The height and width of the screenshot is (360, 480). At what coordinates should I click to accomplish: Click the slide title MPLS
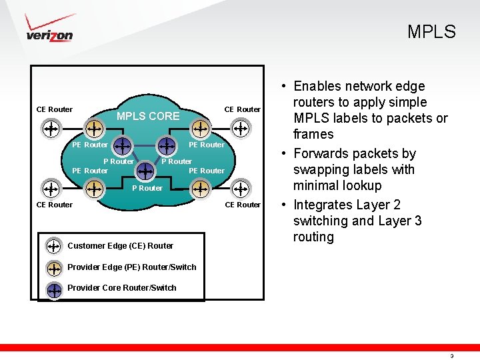tap(431, 32)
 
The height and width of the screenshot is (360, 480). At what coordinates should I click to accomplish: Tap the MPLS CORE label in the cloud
tap(148, 116)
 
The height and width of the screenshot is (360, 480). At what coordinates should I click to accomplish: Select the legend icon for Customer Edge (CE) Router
tap(54, 246)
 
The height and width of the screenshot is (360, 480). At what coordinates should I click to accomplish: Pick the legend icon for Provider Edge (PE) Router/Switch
tap(54, 267)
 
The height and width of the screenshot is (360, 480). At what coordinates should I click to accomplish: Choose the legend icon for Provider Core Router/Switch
tap(54, 289)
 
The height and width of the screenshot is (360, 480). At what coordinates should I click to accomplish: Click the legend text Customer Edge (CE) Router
tap(120, 246)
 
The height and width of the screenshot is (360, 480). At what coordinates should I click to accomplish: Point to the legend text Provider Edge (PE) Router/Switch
tap(132, 267)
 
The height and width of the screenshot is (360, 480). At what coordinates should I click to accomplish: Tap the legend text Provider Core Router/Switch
tap(122, 288)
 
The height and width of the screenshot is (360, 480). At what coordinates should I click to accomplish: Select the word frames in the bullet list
tap(313, 134)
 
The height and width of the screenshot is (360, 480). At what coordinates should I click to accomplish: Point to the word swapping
tap(320, 170)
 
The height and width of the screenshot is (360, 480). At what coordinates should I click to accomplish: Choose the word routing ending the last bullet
tap(313, 237)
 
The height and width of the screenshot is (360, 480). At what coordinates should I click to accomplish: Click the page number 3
tap(452, 356)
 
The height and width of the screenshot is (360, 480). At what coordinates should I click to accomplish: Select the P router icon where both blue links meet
tap(145, 171)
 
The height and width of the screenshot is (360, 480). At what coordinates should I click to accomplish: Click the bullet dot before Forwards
tap(284, 154)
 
